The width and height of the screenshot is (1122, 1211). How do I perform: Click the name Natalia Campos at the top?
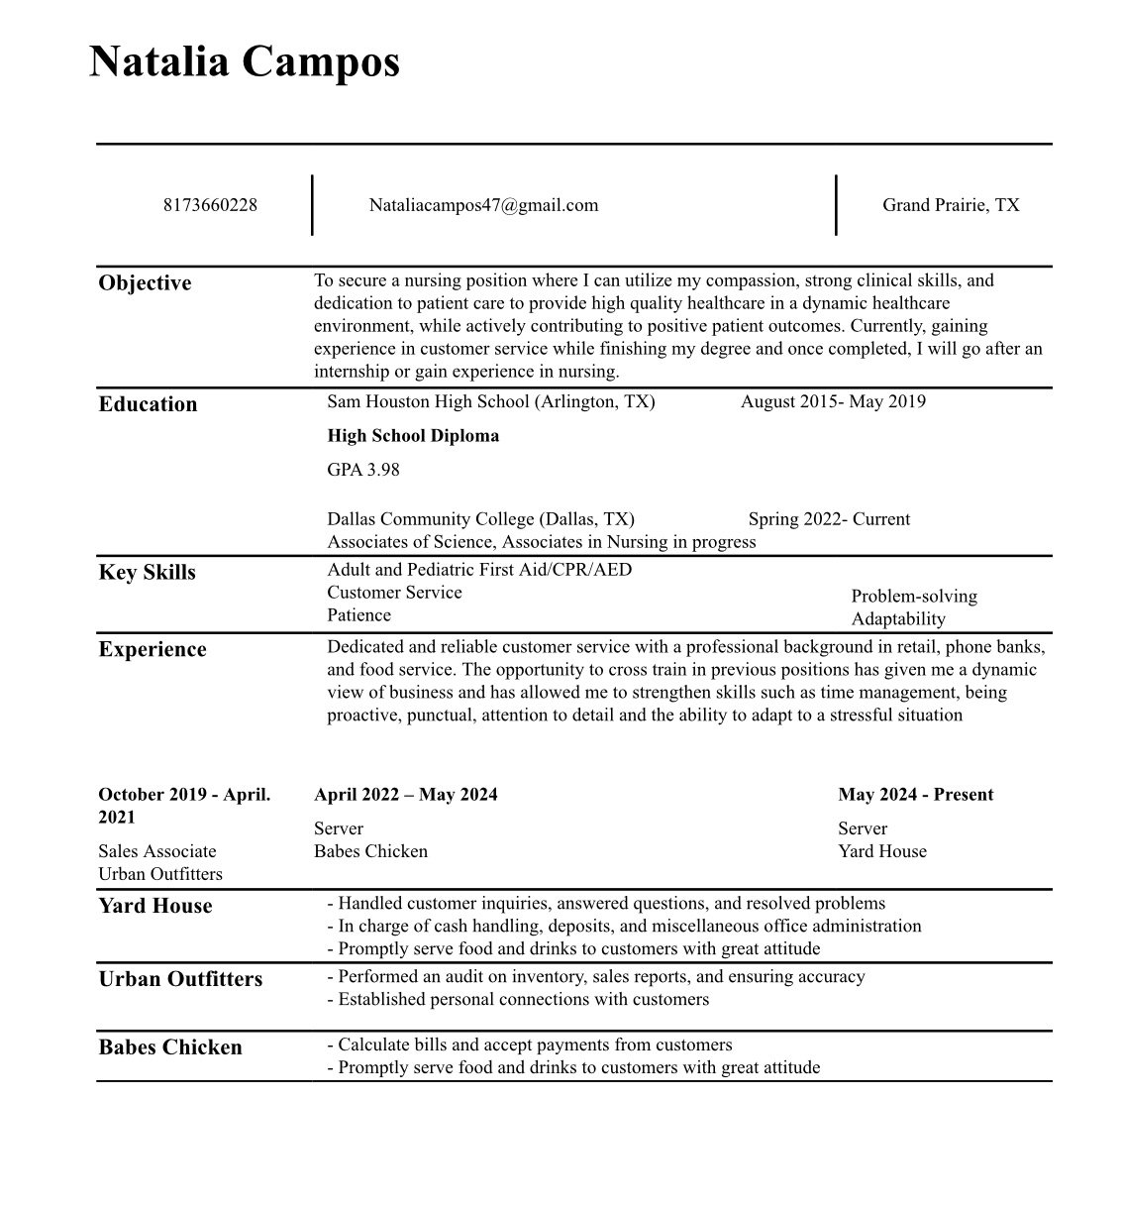[x=245, y=61]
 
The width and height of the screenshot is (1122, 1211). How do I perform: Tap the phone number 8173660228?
[x=210, y=205]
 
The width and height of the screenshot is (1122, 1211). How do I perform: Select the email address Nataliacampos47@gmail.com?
[x=483, y=205]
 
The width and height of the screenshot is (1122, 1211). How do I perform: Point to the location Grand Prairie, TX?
[x=951, y=205]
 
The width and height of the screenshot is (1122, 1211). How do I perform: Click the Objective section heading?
[x=145, y=283]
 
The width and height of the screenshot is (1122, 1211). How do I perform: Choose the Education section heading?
[x=148, y=404]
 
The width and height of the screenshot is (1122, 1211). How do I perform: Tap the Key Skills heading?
[x=147, y=573]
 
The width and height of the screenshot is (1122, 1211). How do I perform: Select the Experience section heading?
[x=153, y=650]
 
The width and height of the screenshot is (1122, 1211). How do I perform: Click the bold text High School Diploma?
[x=413, y=436]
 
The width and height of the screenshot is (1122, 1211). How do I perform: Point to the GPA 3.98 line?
[x=363, y=470]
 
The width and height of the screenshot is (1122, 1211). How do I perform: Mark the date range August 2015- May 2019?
[x=833, y=401]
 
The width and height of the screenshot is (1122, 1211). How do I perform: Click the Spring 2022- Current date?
[x=829, y=519]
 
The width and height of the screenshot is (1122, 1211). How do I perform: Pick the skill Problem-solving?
[x=914, y=597]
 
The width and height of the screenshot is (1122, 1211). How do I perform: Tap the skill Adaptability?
[x=898, y=619]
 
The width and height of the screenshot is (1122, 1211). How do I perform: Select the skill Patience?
[x=358, y=615]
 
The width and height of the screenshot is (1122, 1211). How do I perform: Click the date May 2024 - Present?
[x=915, y=795]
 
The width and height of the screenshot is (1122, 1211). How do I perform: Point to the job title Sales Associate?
[x=156, y=851]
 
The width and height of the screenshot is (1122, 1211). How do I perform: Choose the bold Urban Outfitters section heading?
[x=180, y=979]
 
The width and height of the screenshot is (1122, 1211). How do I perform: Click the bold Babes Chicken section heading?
[x=170, y=1047]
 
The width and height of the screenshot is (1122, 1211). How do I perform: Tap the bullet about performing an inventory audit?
[x=596, y=977]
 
